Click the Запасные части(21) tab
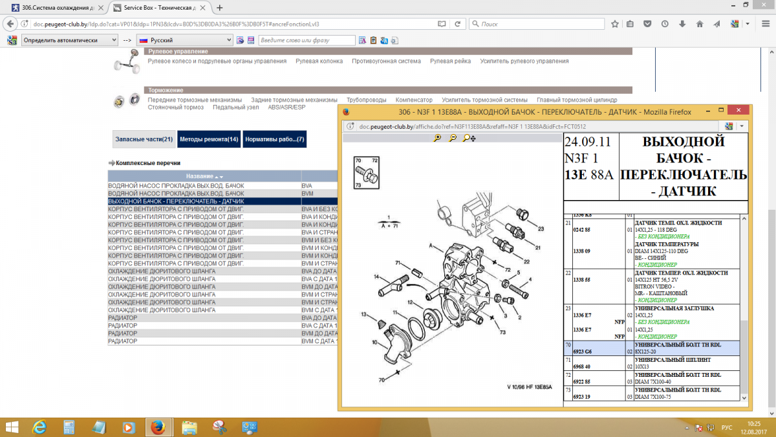(x=144, y=139)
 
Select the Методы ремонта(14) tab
(x=209, y=139)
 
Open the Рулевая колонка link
(x=319, y=61)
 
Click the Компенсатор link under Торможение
(x=414, y=100)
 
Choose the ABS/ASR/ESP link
(x=286, y=107)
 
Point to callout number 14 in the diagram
(x=376, y=277)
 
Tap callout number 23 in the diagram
(x=541, y=229)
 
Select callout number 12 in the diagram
(x=410, y=303)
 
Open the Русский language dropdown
(x=184, y=40)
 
